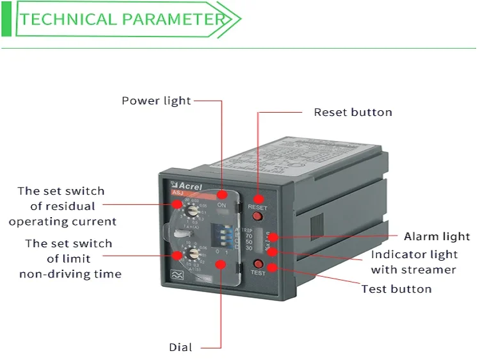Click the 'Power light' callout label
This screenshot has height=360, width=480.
click(156, 101)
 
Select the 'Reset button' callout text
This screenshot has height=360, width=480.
click(353, 112)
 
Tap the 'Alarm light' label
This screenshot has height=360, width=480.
click(436, 236)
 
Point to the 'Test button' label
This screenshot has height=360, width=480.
click(396, 289)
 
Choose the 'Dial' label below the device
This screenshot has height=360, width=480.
click(180, 347)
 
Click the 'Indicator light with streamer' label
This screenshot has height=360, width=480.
click(414, 262)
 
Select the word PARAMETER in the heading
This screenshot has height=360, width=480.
click(174, 19)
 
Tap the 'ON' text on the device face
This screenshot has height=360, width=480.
click(222, 204)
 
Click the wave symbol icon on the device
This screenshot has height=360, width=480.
click(176, 276)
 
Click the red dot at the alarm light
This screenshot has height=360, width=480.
click(273, 237)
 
